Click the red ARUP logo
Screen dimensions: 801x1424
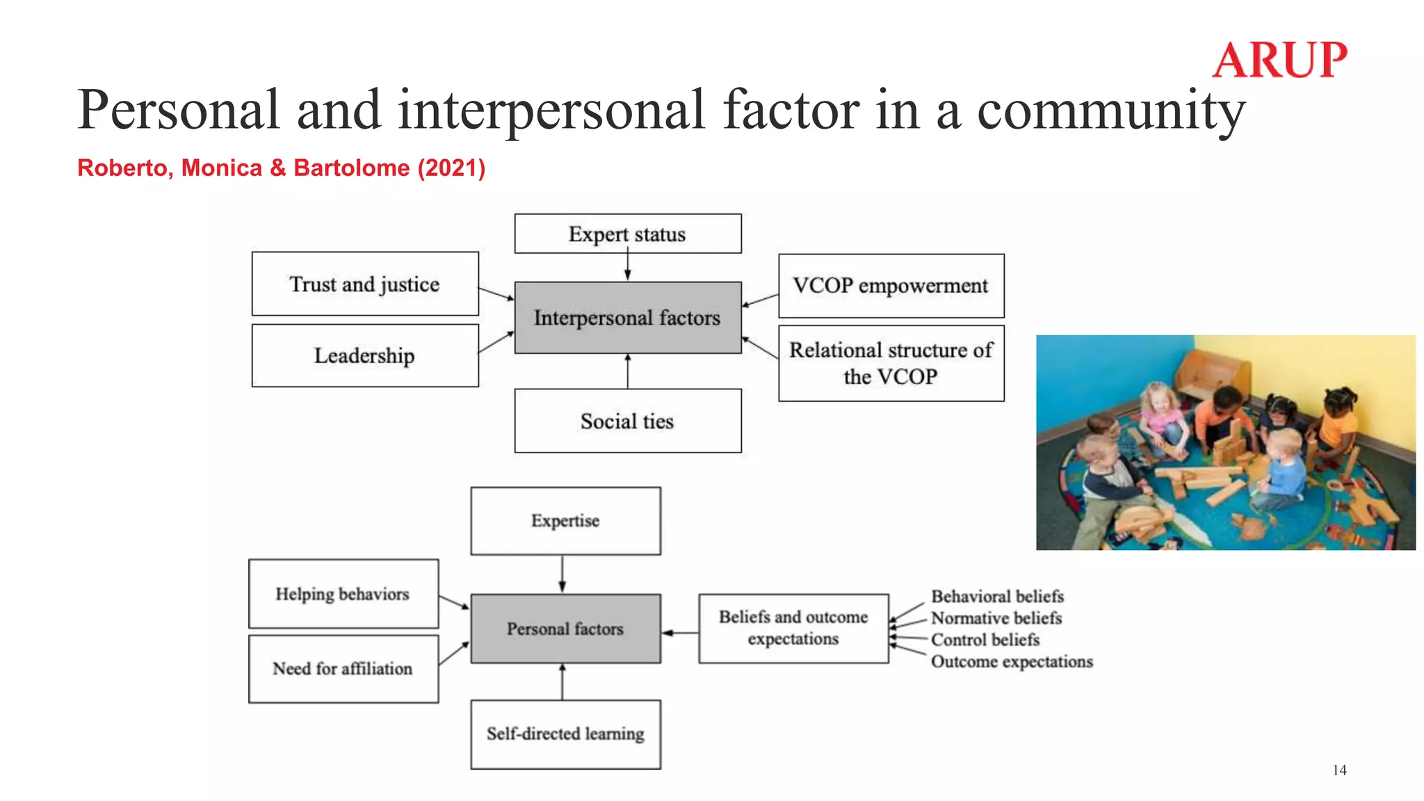(x=1279, y=60)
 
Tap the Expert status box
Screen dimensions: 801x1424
(x=627, y=234)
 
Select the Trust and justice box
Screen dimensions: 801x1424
(x=365, y=284)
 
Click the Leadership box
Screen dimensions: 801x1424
(x=365, y=355)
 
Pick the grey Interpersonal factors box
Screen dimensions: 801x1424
(x=627, y=318)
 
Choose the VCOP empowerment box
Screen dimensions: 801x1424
(x=891, y=286)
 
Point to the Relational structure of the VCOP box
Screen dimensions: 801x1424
(x=891, y=363)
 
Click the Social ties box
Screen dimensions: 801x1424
(x=627, y=421)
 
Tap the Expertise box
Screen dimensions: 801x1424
(x=565, y=521)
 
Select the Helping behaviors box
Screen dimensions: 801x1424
(x=343, y=594)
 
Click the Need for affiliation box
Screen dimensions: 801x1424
(x=343, y=668)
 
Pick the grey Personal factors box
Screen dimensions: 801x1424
(x=565, y=629)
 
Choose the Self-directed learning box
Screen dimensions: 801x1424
(x=565, y=734)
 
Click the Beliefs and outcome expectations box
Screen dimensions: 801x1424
(x=793, y=628)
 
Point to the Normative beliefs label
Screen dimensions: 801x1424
(x=996, y=618)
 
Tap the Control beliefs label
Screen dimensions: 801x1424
(x=985, y=640)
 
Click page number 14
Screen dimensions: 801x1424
(x=1339, y=770)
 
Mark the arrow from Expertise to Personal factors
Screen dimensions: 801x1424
(x=562, y=574)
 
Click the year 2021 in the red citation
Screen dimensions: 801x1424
(x=451, y=168)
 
